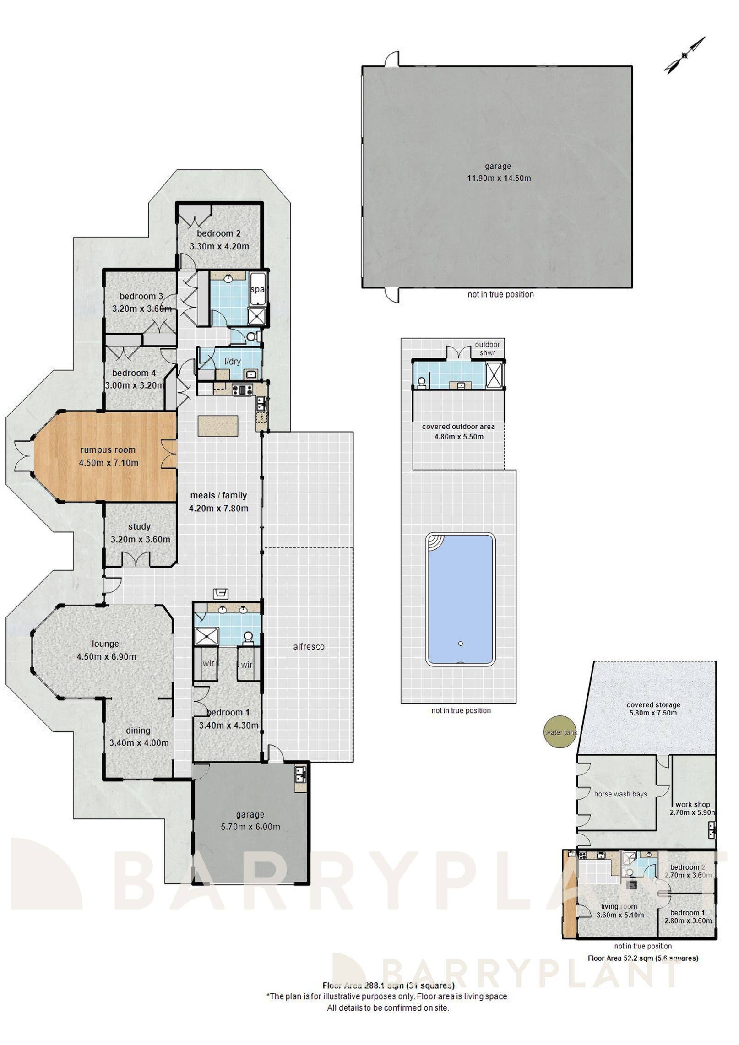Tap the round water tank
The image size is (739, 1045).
(561, 732)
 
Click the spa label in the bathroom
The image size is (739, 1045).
(257, 289)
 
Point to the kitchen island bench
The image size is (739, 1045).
(218, 426)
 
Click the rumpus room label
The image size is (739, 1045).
(108, 450)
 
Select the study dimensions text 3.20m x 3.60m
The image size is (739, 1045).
(140, 540)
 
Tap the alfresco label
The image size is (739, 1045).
(309, 647)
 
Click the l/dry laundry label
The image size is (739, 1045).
(232, 362)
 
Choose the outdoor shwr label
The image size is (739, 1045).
(487, 348)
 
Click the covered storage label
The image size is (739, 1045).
(653, 705)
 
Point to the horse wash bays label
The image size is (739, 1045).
(620, 794)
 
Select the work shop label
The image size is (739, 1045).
(692, 804)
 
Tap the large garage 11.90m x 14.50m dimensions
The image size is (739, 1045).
(499, 179)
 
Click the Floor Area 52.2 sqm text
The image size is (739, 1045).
(642, 958)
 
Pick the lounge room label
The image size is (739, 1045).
(105, 644)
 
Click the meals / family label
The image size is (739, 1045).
(218, 495)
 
